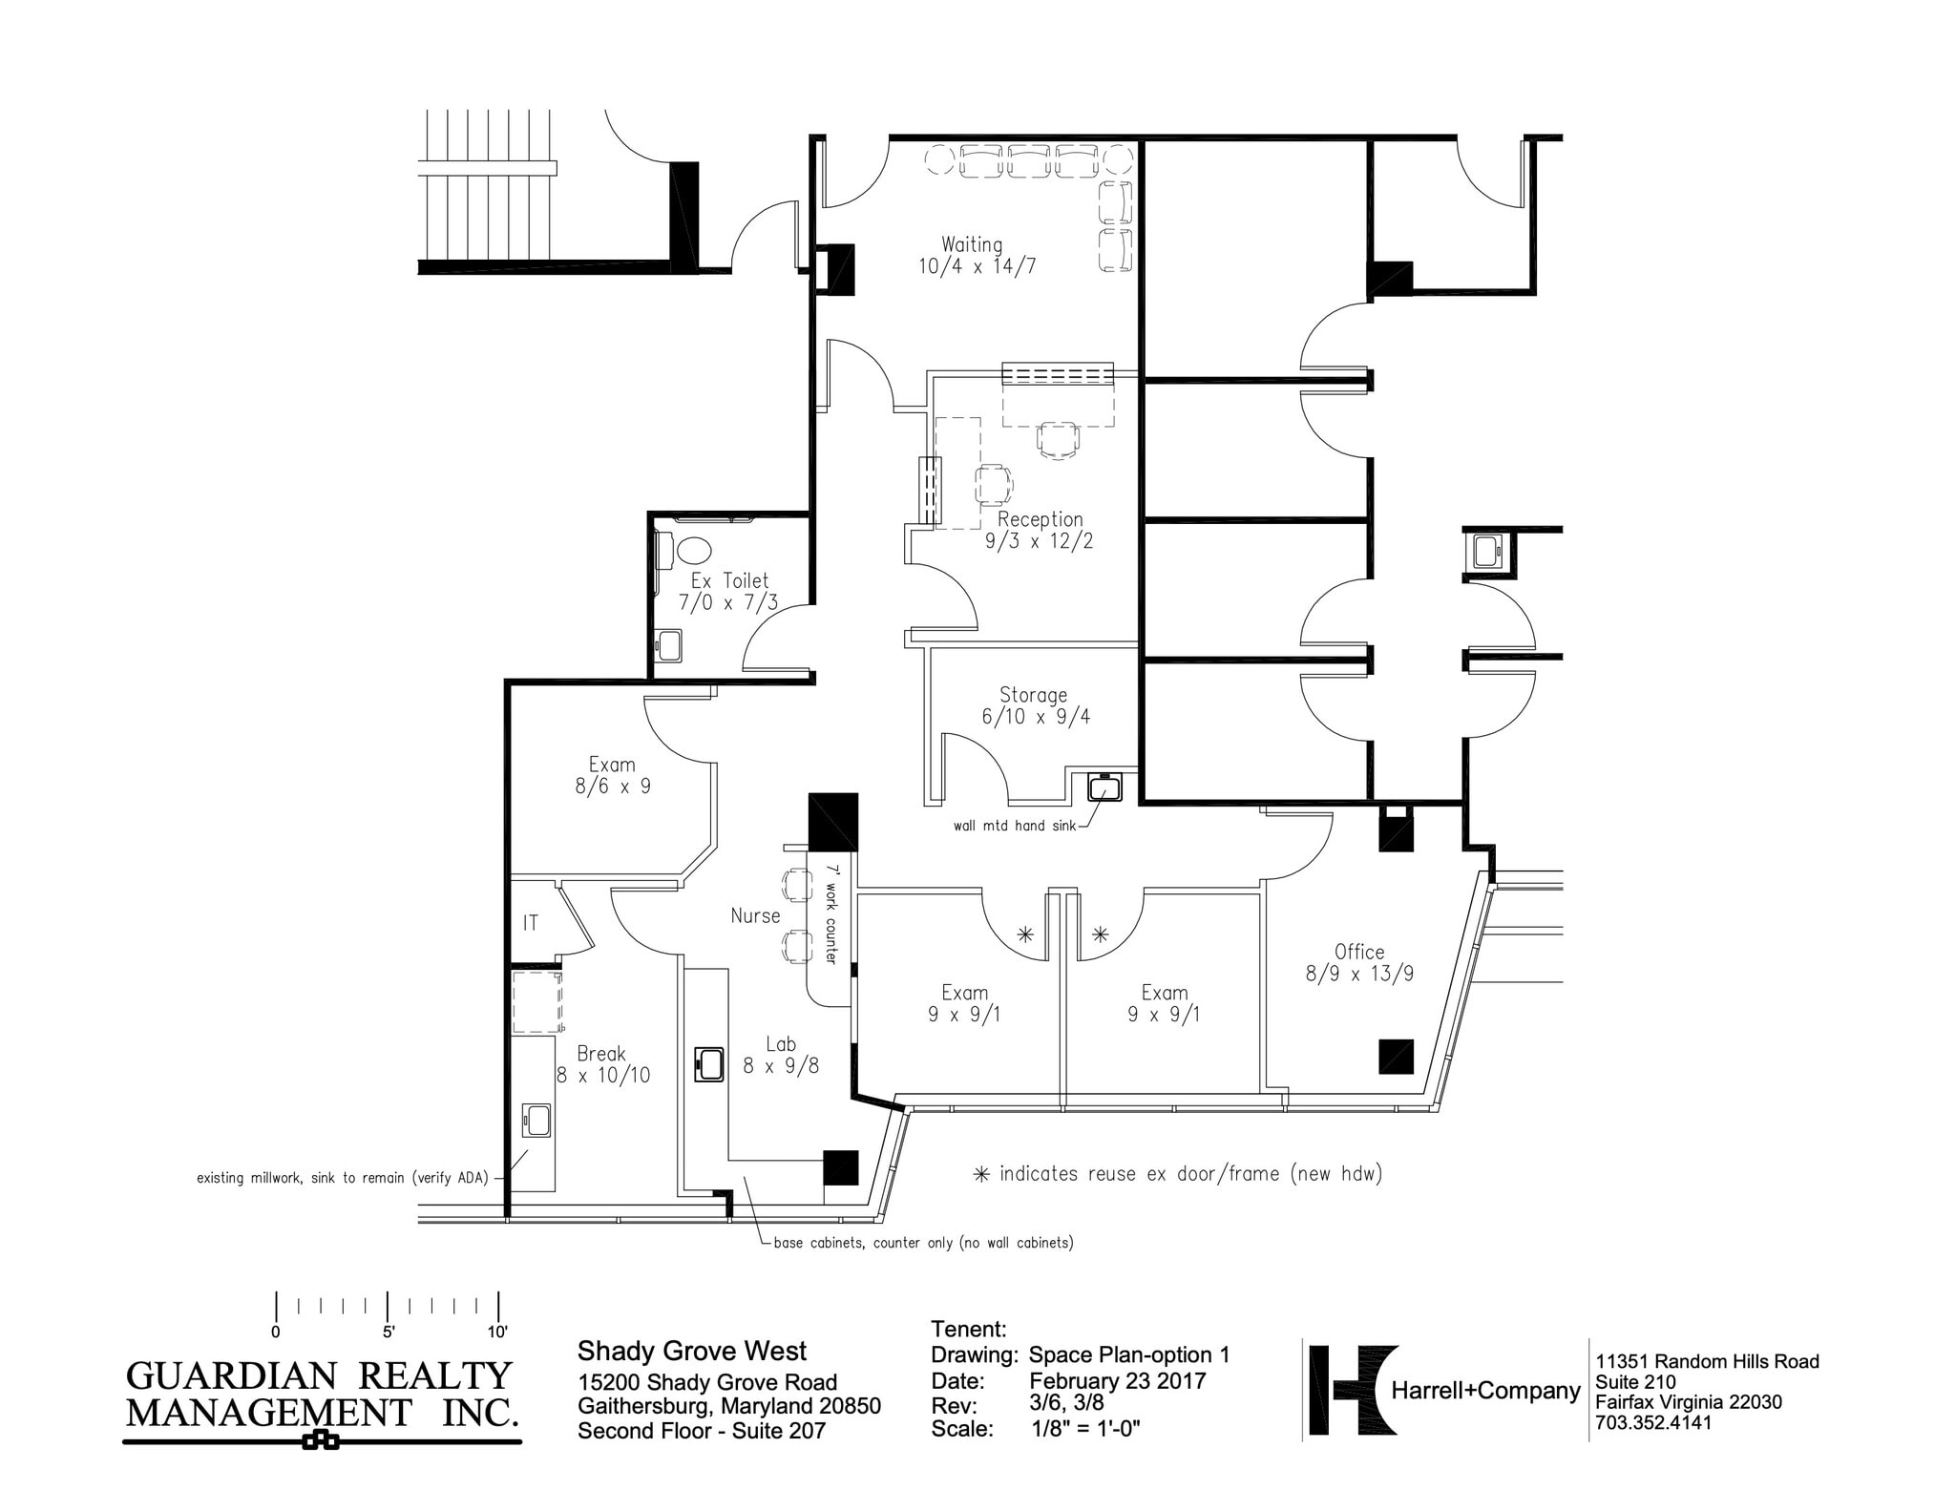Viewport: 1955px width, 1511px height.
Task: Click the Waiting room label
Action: click(972, 244)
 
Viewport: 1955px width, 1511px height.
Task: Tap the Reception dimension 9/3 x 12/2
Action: click(1039, 541)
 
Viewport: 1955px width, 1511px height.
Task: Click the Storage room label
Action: click(1033, 695)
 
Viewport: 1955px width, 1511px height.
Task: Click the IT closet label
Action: click(531, 923)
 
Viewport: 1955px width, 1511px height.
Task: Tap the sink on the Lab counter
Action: click(708, 1063)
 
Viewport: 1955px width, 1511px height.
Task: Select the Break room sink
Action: click(536, 1120)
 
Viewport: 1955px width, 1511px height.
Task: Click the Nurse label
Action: click(755, 916)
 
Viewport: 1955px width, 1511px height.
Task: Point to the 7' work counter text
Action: click(830, 914)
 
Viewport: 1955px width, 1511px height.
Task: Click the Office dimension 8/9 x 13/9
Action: click(1359, 975)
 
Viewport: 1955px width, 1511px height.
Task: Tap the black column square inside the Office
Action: click(1396, 1057)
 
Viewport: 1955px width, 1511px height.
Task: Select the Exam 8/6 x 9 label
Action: click(612, 776)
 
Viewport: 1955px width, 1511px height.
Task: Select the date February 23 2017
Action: click(1117, 1381)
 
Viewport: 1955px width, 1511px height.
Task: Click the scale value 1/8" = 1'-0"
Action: click(1086, 1429)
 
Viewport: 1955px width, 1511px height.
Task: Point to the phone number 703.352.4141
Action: click(1653, 1423)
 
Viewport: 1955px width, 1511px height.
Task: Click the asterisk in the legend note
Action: click(980, 1175)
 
